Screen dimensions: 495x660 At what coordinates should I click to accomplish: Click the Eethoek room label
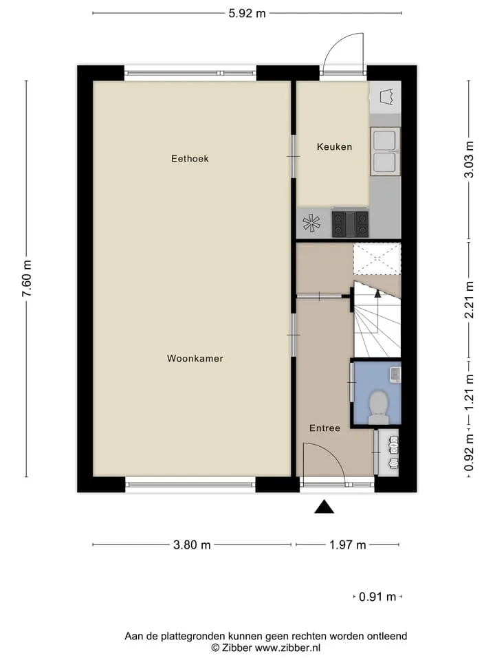click(190, 159)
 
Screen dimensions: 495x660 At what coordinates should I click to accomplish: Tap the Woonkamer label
click(195, 359)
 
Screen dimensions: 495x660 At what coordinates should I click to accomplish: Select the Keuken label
click(334, 147)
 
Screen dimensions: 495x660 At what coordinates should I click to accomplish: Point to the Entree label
click(324, 428)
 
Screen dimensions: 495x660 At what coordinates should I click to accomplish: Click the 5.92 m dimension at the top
click(247, 14)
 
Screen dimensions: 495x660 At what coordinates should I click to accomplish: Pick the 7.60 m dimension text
click(27, 278)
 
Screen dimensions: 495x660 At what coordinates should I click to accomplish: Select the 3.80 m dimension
click(192, 544)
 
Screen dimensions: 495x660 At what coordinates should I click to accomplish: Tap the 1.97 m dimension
click(347, 544)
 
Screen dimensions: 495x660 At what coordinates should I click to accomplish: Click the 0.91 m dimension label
click(377, 597)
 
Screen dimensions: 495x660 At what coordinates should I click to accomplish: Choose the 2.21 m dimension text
click(469, 300)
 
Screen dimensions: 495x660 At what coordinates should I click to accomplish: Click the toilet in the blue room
click(378, 407)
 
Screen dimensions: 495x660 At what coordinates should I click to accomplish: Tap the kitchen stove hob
click(350, 224)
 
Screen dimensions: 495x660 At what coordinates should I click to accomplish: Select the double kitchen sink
click(385, 151)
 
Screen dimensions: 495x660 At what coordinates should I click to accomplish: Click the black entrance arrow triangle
click(324, 507)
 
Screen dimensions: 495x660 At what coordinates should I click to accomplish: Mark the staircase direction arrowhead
click(377, 294)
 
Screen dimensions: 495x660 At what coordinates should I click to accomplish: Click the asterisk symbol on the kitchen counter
click(311, 223)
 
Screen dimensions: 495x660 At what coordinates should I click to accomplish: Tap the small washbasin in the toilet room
click(395, 374)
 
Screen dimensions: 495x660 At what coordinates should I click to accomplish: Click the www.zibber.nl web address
click(287, 648)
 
